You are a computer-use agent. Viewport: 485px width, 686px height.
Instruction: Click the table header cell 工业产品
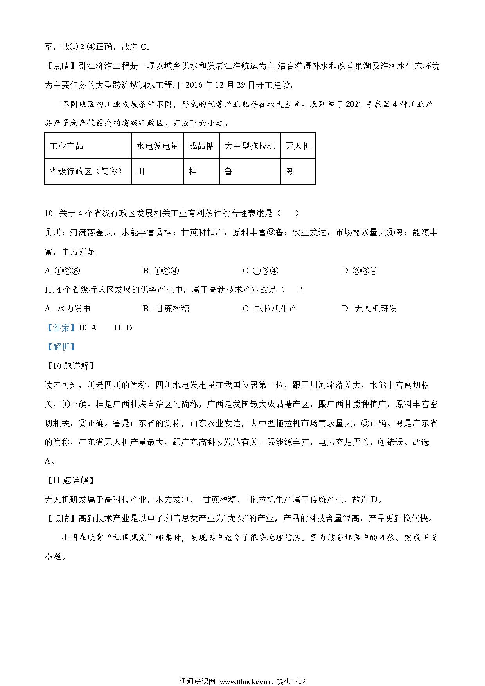click(x=66, y=146)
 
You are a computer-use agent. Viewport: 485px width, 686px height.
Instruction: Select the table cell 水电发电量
click(x=157, y=146)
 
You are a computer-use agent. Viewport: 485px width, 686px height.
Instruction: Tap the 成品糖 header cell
click(x=201, y=146)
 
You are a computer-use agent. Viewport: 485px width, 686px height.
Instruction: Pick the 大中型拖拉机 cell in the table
click(x=250, y=146)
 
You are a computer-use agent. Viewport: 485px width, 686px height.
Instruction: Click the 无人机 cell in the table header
click(x=298, y=146)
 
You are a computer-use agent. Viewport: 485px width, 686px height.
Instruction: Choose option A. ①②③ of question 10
click(x=63, y=271)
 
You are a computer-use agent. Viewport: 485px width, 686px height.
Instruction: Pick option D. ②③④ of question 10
click(x=359, y=271)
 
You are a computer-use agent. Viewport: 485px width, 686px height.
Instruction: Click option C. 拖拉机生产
click(x=270, y=309)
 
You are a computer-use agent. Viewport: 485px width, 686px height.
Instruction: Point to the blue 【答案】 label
click(x=61, y=328)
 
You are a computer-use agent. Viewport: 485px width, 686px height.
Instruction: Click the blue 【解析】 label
click(x=61, y=347)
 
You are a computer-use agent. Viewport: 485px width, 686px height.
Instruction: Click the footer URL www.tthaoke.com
click(x=246, y=681)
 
